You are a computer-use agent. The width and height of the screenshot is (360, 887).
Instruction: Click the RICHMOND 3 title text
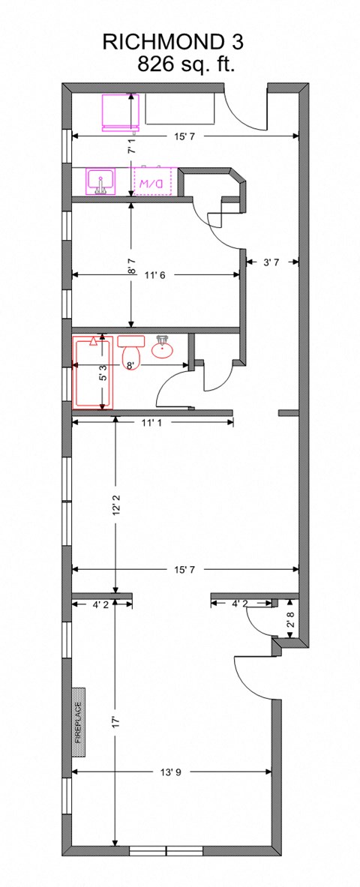coord(172,42)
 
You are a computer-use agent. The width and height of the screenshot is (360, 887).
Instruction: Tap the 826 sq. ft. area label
coord(186,64)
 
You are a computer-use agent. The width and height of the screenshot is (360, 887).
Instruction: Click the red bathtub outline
coord(91,373)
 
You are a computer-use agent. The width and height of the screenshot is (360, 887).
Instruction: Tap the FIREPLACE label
coord(77,721)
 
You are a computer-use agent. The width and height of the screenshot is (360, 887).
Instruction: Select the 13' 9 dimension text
coord(171,772)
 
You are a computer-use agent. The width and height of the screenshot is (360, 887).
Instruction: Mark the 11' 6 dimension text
coord(154,275)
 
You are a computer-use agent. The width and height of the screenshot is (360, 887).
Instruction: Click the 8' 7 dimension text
coord(131,265)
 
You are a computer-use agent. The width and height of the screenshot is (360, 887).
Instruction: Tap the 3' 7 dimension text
coord(272,262)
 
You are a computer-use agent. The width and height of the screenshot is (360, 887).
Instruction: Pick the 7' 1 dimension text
coord(131,145)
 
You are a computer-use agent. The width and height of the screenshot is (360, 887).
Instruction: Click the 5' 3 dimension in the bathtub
coord(103,373)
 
